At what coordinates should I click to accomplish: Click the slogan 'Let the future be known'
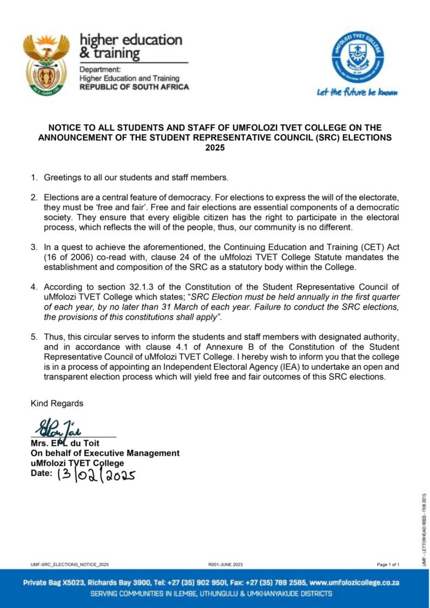pyautogui.click(x=357, y=92)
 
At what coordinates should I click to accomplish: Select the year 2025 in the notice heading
pyautogui.click(x=215, y=148)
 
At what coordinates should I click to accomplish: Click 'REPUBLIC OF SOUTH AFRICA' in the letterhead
pyautogui.click(x=134, y=87)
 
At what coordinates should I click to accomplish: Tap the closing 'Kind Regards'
pyautogui.click(x=57, y=404)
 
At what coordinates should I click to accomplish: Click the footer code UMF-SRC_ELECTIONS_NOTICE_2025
pyautogui.click(x=70, y=564)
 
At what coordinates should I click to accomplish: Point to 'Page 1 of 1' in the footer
pyautogui.click(x=388, y=564)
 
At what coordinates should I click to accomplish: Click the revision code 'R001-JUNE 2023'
pyautogui.click(x=225, y=564)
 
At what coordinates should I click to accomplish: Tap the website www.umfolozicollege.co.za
pyautogui.click(x=354, y=582)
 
